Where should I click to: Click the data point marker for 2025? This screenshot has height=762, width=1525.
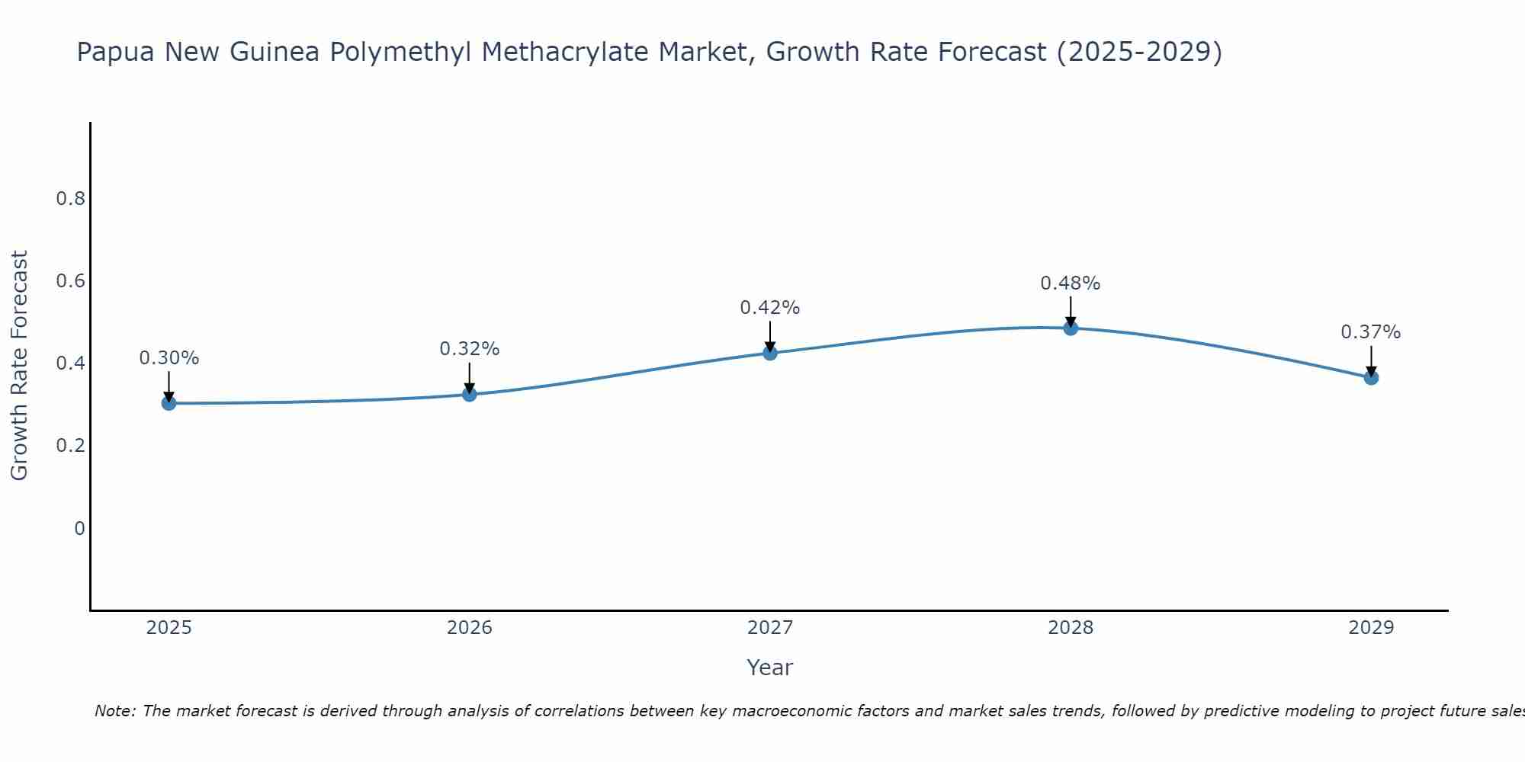(169, 403)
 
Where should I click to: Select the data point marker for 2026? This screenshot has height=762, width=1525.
(470, 394)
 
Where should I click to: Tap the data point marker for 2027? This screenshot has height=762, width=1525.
(770, 353)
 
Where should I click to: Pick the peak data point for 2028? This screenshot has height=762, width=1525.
(1071, 328)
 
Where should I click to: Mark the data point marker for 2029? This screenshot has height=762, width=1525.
(1371, 377)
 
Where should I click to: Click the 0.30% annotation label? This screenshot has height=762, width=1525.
(169, 358)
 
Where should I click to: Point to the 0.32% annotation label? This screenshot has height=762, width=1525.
(470, 349)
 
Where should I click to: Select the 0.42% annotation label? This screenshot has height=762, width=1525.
(770, 308)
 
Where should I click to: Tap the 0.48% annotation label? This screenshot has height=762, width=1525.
(1071, 283)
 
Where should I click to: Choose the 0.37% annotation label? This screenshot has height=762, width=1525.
(1371, 332)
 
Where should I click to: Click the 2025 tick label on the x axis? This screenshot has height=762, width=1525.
(169, 628)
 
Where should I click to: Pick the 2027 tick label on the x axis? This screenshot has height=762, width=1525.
(770, 628)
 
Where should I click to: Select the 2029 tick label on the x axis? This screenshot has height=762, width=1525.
(1371, 628)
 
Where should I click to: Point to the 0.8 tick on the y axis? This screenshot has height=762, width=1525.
(71, 199)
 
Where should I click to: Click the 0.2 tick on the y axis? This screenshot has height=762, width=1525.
(71, 446)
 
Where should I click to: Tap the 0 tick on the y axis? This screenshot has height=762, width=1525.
(79, 528)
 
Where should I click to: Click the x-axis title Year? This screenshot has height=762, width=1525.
(770, 668)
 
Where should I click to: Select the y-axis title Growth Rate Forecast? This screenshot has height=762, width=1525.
(20, 366)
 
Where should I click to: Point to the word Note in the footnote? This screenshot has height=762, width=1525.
(114, 711)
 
